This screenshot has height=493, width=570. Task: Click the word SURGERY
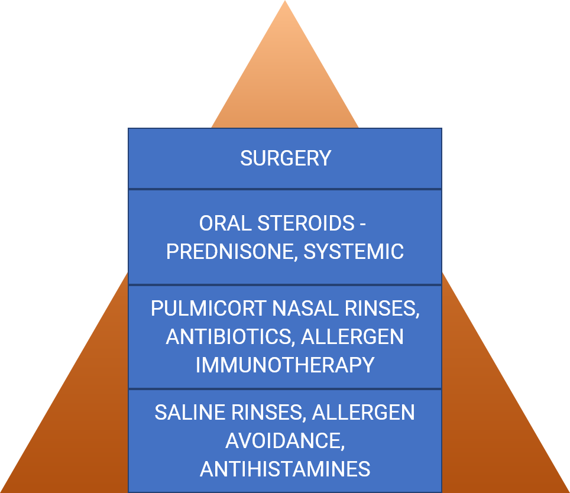(x=285, y=158)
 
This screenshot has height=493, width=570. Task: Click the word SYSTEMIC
(x=354, y=251)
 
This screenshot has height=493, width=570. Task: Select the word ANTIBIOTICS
(x=230, y=336)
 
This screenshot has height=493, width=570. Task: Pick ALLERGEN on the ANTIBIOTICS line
(x=352, y=336)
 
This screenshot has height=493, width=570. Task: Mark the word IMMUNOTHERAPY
(x=285, y=365)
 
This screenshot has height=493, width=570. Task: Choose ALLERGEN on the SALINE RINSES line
(x=364, y=413)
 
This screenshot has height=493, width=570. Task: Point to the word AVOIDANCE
(x=283, y=441)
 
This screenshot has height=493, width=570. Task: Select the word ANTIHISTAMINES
(x=285, y=469)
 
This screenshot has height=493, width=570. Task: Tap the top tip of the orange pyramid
(x=285, y=3)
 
